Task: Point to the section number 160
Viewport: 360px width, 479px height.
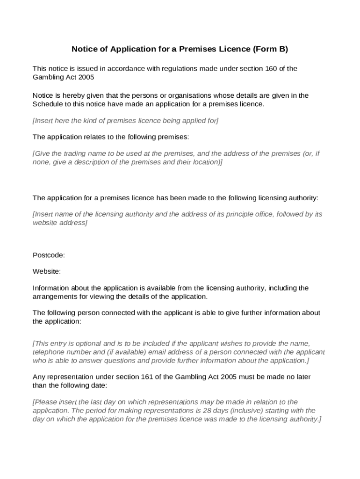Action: click(x=272, y=69)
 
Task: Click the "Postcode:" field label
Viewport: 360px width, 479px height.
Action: click(x=49, y=255)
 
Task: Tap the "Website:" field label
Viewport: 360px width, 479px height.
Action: click(x=47, y=271)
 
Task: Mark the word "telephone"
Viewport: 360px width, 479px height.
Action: click(x=49, y=352)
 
